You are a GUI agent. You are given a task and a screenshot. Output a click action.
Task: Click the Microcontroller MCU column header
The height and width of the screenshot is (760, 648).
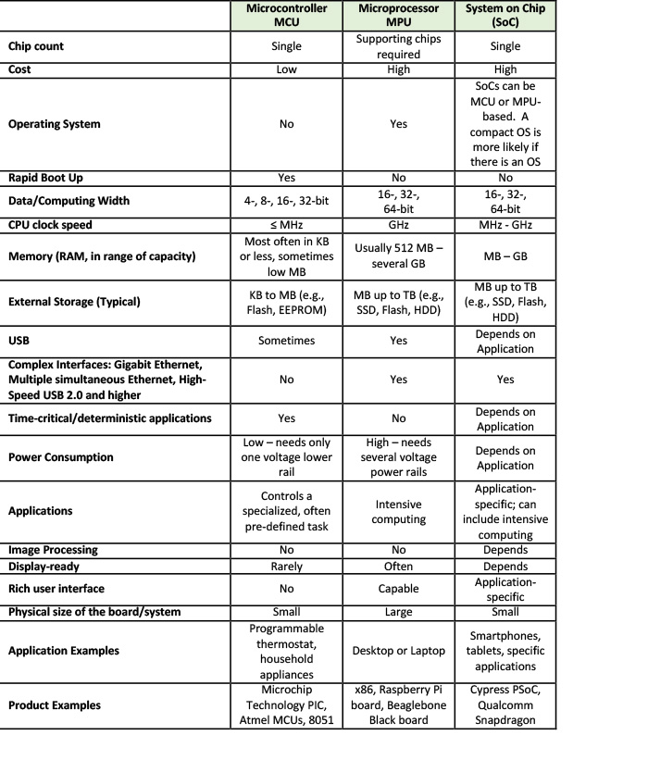(286, 19)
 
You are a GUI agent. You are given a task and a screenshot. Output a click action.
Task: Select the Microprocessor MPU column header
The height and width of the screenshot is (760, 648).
(399, 19)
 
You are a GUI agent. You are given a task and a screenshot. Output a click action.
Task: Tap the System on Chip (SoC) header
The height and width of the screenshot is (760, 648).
(505, 19)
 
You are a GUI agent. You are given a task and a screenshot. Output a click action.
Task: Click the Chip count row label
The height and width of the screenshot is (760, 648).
(36, 46)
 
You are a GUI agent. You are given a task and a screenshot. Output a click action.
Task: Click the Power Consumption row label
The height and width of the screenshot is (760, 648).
(61, 457)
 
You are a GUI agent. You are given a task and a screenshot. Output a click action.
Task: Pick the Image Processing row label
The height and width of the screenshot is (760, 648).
(53, 550)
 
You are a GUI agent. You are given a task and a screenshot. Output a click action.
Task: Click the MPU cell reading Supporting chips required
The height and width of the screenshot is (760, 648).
(399, 46)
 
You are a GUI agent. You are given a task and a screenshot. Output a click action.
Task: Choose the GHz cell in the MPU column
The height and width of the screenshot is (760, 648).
(399, 224)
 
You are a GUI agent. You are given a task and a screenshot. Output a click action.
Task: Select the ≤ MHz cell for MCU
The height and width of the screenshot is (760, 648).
(286, 224)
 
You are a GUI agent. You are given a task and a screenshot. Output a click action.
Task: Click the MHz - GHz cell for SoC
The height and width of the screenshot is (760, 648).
(505, 224)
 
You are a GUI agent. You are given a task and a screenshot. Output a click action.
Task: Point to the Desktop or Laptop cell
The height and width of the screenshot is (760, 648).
(399, 651)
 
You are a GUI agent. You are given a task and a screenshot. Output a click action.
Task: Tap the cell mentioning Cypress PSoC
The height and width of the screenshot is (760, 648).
(505, 705)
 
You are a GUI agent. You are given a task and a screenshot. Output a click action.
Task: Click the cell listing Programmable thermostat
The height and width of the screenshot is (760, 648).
(286, 651)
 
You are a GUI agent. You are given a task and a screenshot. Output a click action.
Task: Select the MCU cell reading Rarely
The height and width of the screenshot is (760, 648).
(286, 566)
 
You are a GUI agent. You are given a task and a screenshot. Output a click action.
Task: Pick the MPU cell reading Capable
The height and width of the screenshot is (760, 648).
(399, 589)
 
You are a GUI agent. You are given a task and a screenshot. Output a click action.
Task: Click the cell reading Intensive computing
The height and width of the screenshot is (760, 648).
(399, 511)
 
